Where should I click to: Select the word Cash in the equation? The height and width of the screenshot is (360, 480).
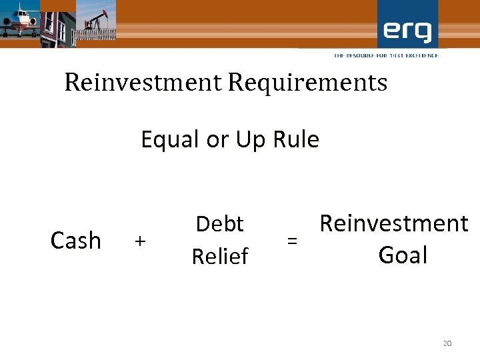point(76,240)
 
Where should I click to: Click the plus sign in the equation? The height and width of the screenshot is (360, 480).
point(139,241)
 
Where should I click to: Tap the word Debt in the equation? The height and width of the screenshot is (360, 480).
point(220,224)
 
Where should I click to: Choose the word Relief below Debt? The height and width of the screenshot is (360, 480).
point(220,256)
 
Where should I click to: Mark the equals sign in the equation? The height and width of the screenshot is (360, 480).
point(292,241)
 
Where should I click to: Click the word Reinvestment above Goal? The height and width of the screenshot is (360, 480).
point(394,224)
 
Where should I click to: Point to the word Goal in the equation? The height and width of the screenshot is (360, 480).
point(403,255)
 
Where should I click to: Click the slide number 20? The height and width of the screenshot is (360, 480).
point(447,343)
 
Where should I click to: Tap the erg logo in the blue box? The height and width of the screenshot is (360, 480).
point(407,30)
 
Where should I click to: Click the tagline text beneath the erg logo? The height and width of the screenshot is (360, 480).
point(386,55)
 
